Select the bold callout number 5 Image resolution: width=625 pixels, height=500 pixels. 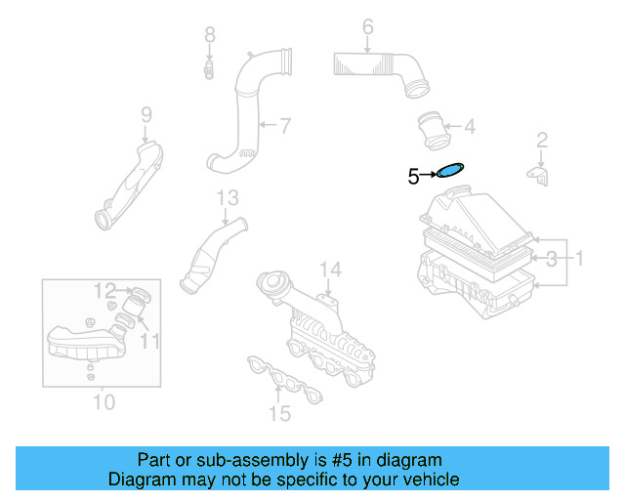point(413,177)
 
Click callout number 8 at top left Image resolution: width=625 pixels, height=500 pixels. point(209,35)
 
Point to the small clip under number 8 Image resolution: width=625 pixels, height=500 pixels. point(209,69)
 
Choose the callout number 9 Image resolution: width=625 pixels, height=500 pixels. point(146,115)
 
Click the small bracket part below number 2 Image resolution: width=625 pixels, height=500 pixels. point(539,174)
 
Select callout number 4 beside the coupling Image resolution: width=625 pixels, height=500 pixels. point(470,126)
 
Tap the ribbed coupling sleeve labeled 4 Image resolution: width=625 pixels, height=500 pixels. point(431,128)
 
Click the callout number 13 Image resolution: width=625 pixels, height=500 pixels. point(227,198)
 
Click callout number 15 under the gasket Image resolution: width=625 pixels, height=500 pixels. point(280,414)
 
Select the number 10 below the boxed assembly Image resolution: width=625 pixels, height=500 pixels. point(104,401)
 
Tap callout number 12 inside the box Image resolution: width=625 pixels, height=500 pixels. point(104,290)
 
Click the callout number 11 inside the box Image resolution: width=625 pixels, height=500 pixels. point(148,340)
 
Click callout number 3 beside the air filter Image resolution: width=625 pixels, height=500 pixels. point(552,259)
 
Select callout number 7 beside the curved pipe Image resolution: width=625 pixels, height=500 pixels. point(284,125)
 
